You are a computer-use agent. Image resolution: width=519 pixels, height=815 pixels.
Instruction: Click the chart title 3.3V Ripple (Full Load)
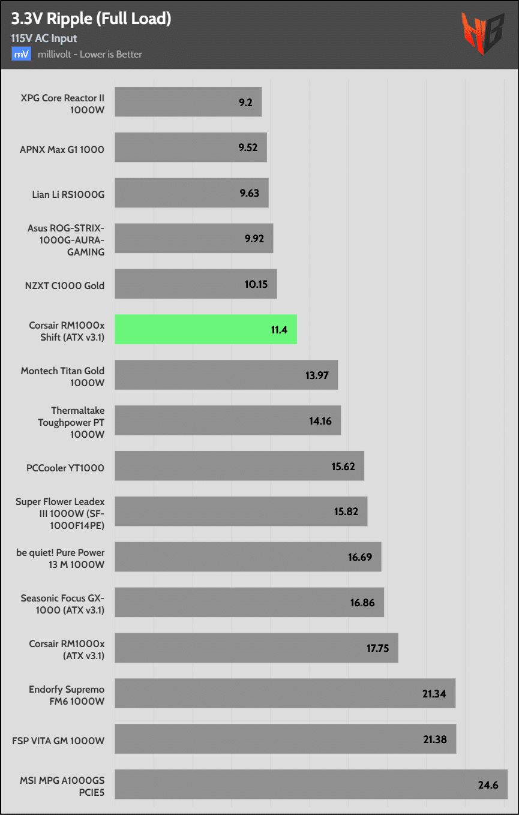point(91,19)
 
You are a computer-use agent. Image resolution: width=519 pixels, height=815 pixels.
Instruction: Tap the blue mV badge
point(22,54)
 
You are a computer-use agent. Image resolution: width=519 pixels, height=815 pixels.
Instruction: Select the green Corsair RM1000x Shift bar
point(206,329)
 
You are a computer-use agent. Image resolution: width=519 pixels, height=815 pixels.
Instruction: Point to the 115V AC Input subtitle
point(44,38)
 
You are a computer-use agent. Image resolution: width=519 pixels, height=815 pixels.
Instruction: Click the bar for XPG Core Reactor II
point(188,102)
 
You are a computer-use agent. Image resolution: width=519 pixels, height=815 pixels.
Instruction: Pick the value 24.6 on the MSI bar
point(488,784)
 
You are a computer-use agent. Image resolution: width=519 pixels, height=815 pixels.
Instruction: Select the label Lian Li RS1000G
point(68,194)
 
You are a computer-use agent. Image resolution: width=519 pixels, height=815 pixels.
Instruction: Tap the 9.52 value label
point(248,147)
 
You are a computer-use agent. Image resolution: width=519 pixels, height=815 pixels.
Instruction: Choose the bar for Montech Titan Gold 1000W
point(226,375)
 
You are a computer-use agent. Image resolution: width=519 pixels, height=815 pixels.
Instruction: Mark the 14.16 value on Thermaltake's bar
point(320,420)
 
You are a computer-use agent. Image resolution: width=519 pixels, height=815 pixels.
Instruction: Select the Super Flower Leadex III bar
point(241,512)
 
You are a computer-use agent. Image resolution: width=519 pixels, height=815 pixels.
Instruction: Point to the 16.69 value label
point(360,557)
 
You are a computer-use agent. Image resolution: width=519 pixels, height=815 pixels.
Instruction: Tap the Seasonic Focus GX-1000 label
point(62,603)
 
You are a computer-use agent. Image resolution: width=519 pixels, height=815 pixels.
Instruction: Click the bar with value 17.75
point(256,648)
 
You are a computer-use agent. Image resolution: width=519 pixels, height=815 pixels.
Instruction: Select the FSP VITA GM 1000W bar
point(285,739)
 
